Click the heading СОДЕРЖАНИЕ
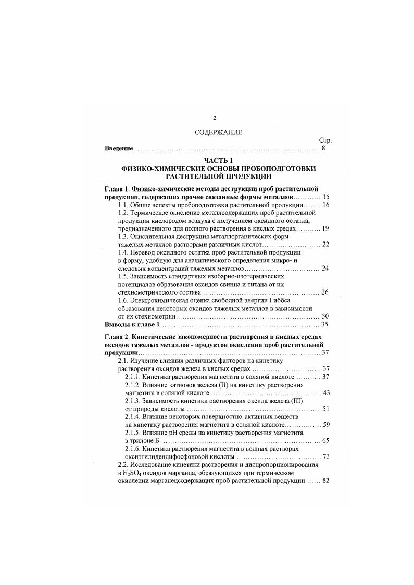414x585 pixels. pos(215,132)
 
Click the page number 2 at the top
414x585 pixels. pos(214,118)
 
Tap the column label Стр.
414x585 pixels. pos(324,141)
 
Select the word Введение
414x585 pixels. pos(119,149)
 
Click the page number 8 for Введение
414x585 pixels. pos(323,149)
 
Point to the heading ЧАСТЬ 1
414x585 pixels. pos(215,161)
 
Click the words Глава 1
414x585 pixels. pos(117,188)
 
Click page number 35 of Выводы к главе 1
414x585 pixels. pos(323,324)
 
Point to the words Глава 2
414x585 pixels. pos(117,337)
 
